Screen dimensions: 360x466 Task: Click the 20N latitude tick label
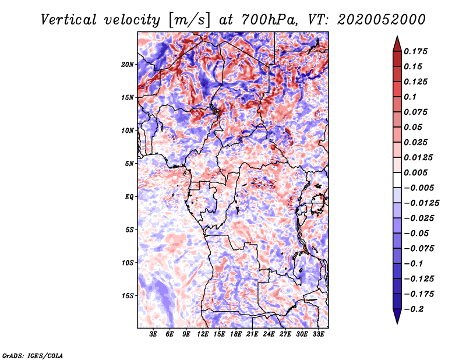128,64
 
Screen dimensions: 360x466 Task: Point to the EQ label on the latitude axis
129,196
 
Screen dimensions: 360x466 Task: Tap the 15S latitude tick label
128,295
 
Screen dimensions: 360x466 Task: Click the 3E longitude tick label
154,334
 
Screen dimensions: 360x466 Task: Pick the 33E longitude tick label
319,334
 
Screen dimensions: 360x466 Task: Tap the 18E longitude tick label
236,334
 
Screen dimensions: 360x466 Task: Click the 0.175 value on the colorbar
417,51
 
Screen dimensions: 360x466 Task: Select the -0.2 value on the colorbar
415,309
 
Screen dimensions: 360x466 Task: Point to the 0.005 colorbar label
417,172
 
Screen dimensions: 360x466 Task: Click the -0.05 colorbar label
418,233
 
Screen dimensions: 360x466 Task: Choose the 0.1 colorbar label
412,97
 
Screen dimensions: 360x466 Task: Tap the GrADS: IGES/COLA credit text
32,355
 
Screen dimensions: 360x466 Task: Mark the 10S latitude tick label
128,263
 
